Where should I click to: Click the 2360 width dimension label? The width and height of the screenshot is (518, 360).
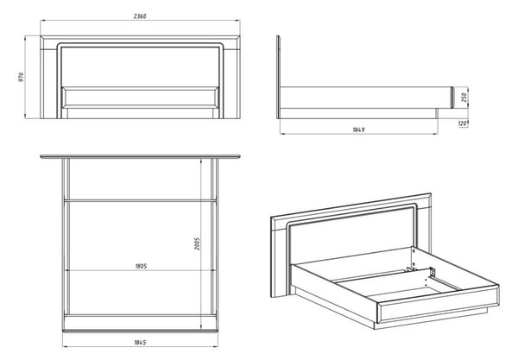[140, 16]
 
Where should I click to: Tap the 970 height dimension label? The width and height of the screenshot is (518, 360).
[22, 77]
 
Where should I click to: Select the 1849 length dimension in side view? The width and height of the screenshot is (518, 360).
[358, 129]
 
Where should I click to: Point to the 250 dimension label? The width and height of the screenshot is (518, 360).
[464, 97]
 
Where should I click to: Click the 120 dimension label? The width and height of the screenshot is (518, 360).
[463, 123]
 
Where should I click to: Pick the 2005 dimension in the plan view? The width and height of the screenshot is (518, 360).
[197, 243]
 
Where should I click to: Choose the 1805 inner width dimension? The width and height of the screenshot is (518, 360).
[141, 266]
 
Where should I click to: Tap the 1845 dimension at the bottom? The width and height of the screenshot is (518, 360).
[140, 343]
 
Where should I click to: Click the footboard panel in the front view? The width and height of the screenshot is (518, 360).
[140, 98]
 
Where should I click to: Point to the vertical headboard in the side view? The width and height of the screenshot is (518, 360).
[279, 77]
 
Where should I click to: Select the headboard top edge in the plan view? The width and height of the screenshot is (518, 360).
[140, 156]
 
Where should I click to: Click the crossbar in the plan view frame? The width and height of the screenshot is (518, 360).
[140, 200]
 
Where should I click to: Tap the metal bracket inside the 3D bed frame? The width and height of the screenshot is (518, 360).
[433, 272]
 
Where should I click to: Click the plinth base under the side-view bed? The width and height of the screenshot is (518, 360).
[359, 113]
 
